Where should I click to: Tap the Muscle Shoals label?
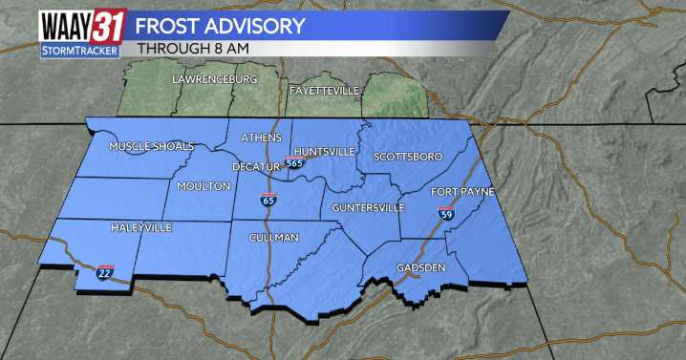pos(151,146)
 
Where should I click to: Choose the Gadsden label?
pos(420,267)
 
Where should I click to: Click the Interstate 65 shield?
pos(270,201)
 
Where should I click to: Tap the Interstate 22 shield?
pos(104,272)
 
